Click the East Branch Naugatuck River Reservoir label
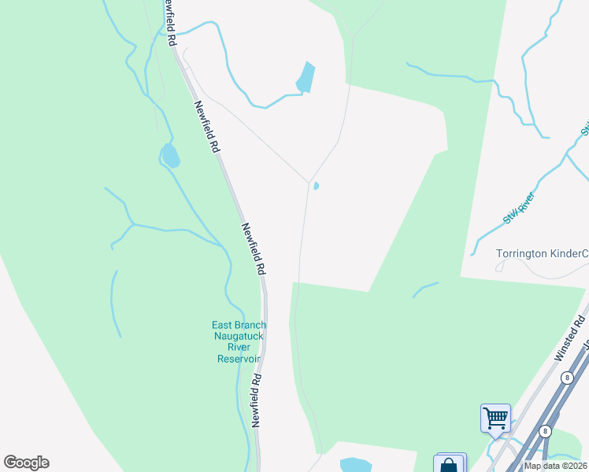coord(239,341)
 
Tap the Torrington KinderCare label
coord(542,253)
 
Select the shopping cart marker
coord(495,418)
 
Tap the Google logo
coord(26,463)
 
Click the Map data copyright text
coord(556,466)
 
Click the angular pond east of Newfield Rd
coord(305,77)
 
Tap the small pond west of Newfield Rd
coord(169,157)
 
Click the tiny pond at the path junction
coord(316,186)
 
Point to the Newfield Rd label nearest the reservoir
coord(257,399)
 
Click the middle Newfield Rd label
coord(253,248)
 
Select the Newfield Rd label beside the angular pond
coord(206,126)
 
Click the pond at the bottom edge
coord(354,465)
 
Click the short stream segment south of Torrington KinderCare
coord(425,289)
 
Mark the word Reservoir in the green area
coord(239,359)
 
